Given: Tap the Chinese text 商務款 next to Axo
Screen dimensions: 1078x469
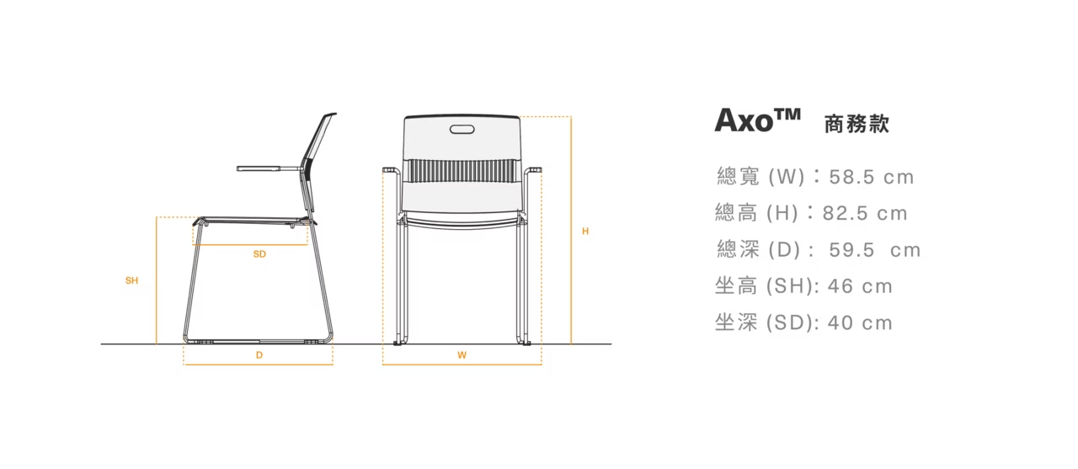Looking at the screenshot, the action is click(x=857, y=125).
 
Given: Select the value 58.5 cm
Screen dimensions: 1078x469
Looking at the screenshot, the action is click(x=871, y=177).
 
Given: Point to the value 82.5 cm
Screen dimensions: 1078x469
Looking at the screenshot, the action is click(x=865, y=213).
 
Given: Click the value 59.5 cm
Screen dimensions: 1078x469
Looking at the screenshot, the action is click(x=874, y=250).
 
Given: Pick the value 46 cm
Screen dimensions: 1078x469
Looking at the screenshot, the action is click(x=860, y=286).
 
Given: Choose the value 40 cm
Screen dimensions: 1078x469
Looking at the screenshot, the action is click(x=860, y=322).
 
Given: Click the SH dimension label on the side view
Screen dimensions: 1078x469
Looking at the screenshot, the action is click(x=131, y=280).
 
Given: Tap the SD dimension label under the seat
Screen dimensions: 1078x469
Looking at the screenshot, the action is click(x=259, y=253).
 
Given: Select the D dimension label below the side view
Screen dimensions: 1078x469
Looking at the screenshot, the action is click(x=259, y=355).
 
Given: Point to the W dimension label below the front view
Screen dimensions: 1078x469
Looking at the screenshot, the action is click(x=462, y=355).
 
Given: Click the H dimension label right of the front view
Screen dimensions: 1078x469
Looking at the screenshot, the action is click(x=585, y=231).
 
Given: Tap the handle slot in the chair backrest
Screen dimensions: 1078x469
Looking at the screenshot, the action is click(x=462, y=130).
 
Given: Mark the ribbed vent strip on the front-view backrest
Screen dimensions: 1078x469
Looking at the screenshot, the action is click(x=462, y=171).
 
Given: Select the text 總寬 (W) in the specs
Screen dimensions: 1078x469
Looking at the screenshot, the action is click(x=761, y=177).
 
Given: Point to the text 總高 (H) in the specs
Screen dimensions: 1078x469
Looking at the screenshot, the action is click(x=756, y=213).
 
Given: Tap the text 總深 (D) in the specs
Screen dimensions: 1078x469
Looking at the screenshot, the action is click(x=761, y=250).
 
